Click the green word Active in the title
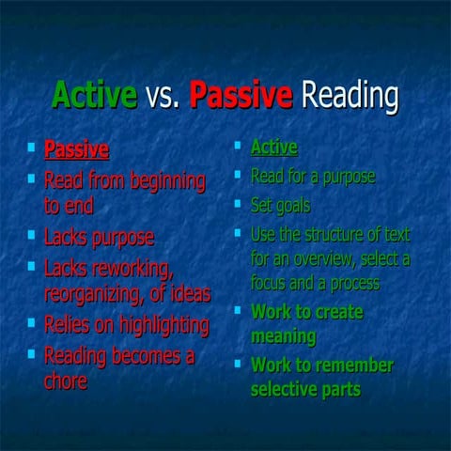point(94,96)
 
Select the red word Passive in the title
point(241,96)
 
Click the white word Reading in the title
point(349,96)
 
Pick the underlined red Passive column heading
point(76,149)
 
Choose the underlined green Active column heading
point(273,148)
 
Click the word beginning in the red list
point(163,179)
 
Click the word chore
point(66,381)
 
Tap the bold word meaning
point(283,335)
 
